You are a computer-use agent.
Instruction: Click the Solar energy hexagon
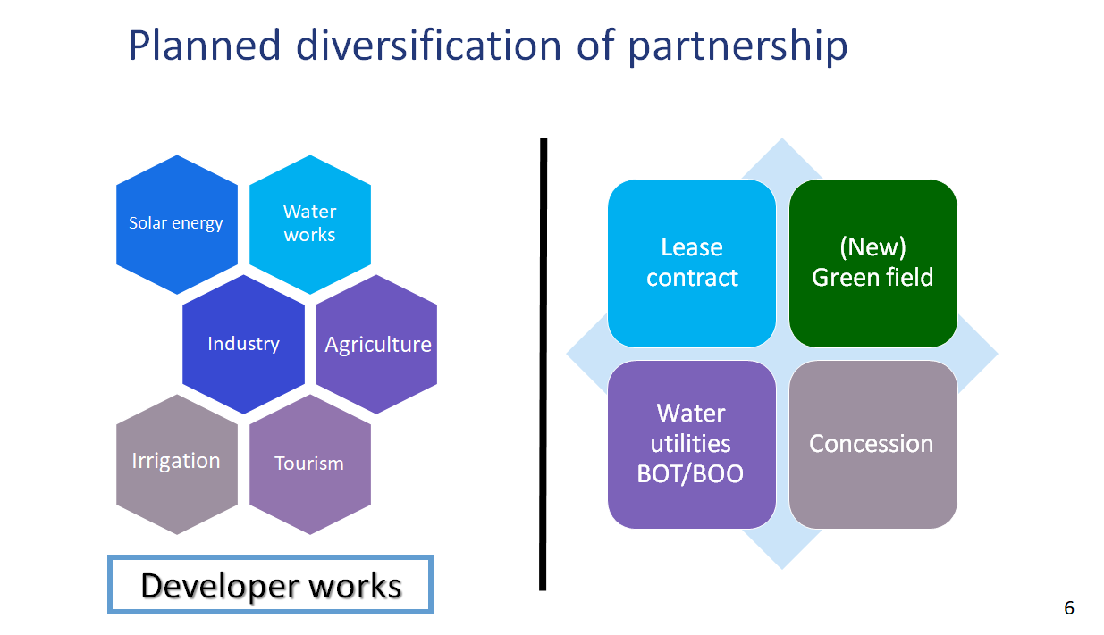[177, 224]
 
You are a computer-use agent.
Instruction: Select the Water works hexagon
[310, 224]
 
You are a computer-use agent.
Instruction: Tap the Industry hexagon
[243, 344]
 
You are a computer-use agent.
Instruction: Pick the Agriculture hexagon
[376, 344]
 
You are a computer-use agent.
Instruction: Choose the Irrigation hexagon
[177, 464]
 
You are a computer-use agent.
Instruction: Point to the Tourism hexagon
[310, 464]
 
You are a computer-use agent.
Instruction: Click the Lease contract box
[692, 263]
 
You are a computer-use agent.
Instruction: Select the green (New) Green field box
[873, 263]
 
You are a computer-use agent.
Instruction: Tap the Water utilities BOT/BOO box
[692, 445]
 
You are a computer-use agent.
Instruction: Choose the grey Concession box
[873, 445]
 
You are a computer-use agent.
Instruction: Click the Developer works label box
[271, 585]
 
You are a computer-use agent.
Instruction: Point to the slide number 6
[1069, 608]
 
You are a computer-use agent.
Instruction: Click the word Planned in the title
[205, 46]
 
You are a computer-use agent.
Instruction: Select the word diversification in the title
[429, 46]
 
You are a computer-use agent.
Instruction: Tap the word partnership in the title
[737, 47]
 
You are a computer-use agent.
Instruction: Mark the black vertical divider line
[544, 364]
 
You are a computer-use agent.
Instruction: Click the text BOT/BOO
[690, 474]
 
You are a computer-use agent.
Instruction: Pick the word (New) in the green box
[872, 247]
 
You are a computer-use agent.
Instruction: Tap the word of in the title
[595, 46]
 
